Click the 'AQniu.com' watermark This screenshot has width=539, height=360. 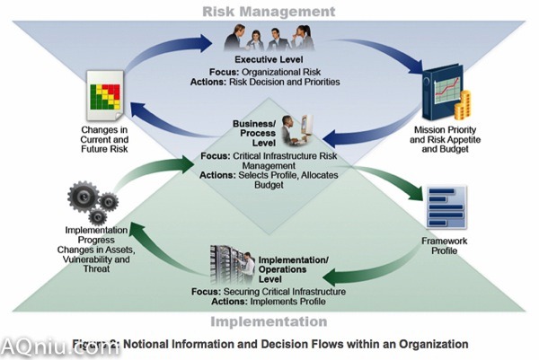pos(58,347)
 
